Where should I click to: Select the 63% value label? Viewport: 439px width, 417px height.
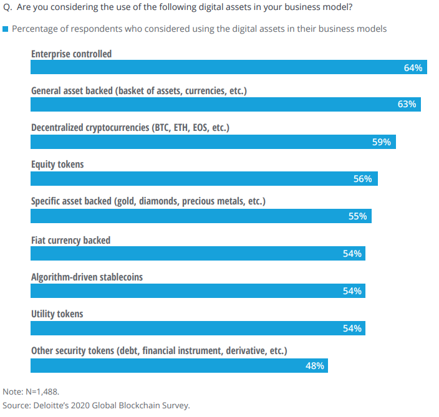point(407,105)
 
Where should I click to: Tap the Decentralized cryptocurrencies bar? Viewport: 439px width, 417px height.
point(213,142)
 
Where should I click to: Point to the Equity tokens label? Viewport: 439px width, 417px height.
point(57,165)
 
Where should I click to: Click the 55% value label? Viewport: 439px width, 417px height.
point(357,217)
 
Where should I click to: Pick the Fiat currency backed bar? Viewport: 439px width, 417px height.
point(198,254)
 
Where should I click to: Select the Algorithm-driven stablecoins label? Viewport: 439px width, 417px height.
point(87,277)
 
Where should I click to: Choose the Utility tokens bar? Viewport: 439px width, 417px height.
point(198,328)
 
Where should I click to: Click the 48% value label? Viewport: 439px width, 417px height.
point(314,366)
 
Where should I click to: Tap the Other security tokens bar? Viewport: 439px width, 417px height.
point(179,366)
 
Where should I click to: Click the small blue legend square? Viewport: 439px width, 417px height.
point(6,29)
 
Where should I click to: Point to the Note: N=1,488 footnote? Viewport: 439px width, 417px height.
point(31,392)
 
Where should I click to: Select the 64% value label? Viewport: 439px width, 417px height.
point(413,67)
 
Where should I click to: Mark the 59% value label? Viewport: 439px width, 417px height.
point(382,142)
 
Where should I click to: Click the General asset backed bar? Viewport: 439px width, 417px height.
point(226,105)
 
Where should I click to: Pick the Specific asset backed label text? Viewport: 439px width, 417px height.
point(148,202)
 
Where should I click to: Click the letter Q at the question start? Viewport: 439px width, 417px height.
point(7,8)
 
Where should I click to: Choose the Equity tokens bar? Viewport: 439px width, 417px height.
point(204,180)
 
